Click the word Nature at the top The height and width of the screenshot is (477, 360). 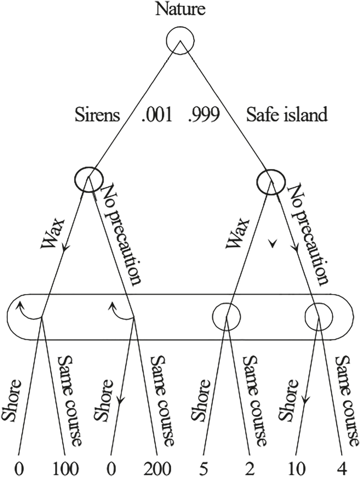tap(180, 9)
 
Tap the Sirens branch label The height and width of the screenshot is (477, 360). tap(98, 115)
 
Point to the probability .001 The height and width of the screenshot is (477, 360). tap(157, 115)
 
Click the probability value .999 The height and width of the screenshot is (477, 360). tap(204, 115)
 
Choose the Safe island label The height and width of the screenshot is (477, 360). tap(287, 115)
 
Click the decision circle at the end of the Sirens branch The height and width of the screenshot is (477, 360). tap(88, 179)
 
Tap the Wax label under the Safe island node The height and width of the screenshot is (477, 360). tap(236, 234)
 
